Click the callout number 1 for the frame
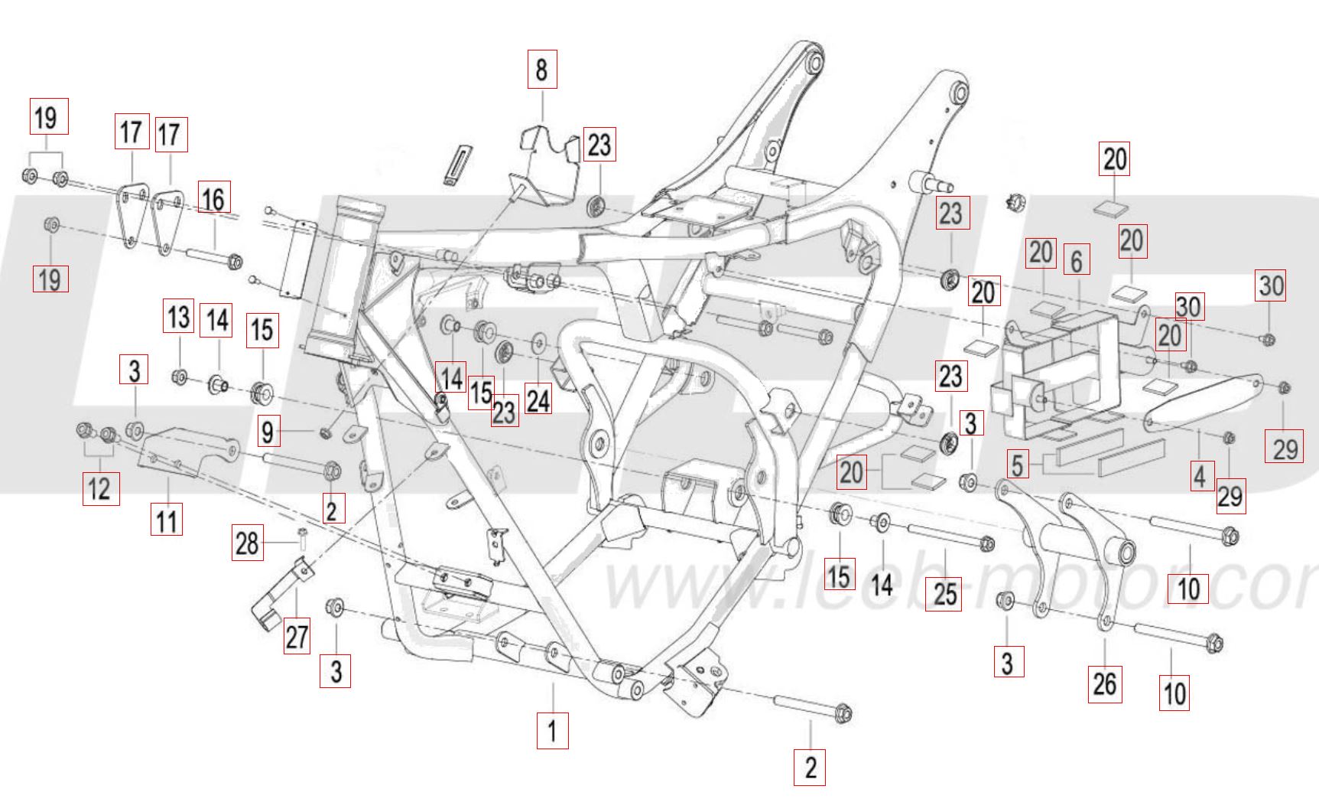coord(552,730)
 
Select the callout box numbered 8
coord(541,70)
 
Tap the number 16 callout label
coord(213,199)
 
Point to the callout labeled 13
coord(179,317)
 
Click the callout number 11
coord(167,521)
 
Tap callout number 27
coord(297,636)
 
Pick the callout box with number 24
coord(539,398)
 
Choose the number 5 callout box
coord(1017,465)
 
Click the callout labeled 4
coord(1200,475)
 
